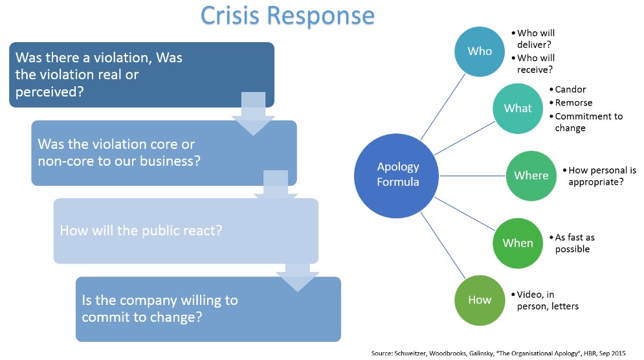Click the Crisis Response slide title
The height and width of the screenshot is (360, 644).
(287, 16)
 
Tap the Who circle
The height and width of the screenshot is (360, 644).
(480, 51)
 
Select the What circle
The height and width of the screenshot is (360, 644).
(518, 109)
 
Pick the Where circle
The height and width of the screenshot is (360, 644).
(531, 176)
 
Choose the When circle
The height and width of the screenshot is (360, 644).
(518, 243)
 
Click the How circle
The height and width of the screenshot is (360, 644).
(480, 300)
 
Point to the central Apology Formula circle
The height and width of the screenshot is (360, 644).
(396, 176)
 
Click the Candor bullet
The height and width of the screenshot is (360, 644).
(568, 89)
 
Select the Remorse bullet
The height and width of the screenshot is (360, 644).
(571, 103)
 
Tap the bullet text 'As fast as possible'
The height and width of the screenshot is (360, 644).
(572, 243)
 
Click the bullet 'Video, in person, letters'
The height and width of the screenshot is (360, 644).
(544, 300)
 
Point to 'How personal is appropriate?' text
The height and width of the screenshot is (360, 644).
(599, 176)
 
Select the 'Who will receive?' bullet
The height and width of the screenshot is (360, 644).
(533, 63)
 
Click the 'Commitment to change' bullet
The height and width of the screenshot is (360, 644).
(586, 122)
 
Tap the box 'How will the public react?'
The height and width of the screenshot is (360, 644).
(186, 231)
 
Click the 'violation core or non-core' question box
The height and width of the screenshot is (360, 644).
(164, 153)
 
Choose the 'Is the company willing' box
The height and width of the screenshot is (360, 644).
(208, 309)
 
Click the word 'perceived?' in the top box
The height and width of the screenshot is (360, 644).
(49, 92)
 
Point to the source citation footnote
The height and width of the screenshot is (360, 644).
(498, 353)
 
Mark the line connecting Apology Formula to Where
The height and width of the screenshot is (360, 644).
(472, 176)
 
